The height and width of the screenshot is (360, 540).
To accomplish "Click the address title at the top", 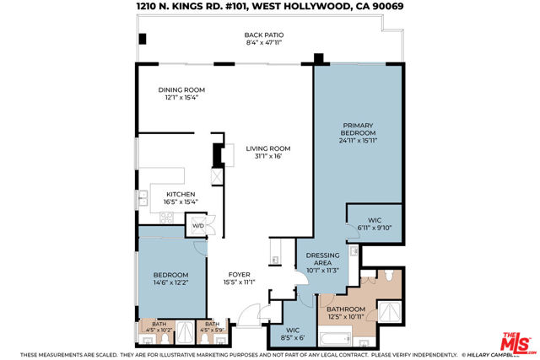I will point(269,7).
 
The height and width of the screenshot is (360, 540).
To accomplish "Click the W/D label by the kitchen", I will point(198,225).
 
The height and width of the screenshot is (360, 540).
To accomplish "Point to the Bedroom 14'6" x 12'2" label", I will point(170,278).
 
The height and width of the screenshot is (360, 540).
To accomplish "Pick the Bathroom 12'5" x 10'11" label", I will point(345,313).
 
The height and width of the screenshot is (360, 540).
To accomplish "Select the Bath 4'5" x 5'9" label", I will point(211,326).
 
